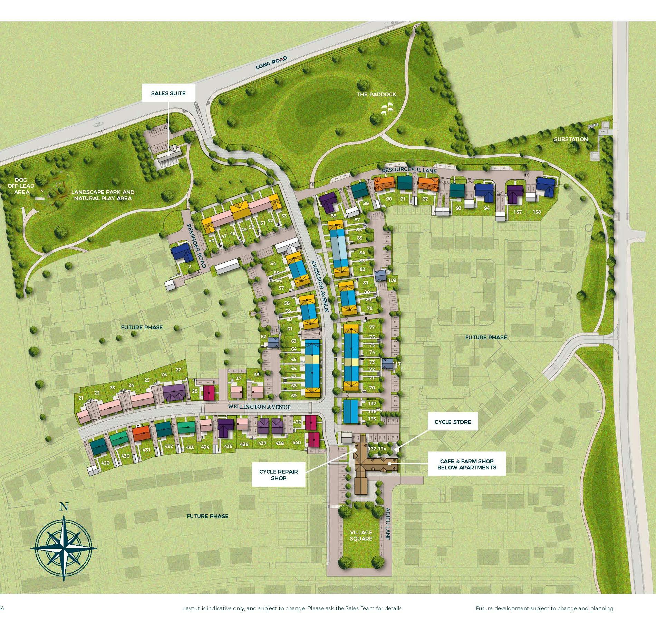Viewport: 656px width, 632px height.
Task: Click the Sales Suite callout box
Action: [x=168, y=94]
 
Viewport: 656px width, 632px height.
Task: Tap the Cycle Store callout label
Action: [x=453, y=422]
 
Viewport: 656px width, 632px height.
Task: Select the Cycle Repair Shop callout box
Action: [x=278, y=475]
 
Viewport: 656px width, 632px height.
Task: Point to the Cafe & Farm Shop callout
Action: [x=466, y=464]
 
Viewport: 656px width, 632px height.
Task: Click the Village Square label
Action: [x=361, y=535]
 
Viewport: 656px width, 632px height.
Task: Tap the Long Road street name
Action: [x=271, y=63]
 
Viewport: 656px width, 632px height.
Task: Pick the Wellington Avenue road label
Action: [x=259, y=407]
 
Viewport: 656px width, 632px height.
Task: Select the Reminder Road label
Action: [x=196, y=245]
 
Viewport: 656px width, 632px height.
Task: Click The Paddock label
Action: [x=376, y=94]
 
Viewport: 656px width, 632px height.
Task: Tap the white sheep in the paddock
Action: [x=387, y=108]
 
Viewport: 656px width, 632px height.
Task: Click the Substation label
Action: [x=571, y=139]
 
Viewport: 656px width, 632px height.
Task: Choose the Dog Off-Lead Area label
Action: [x=22, y=186]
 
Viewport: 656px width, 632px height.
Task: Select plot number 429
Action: [x=105, y=463]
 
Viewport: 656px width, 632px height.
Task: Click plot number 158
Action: [x=537, y=212]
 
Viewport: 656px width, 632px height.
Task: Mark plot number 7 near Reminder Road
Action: [x=189, y=266]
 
